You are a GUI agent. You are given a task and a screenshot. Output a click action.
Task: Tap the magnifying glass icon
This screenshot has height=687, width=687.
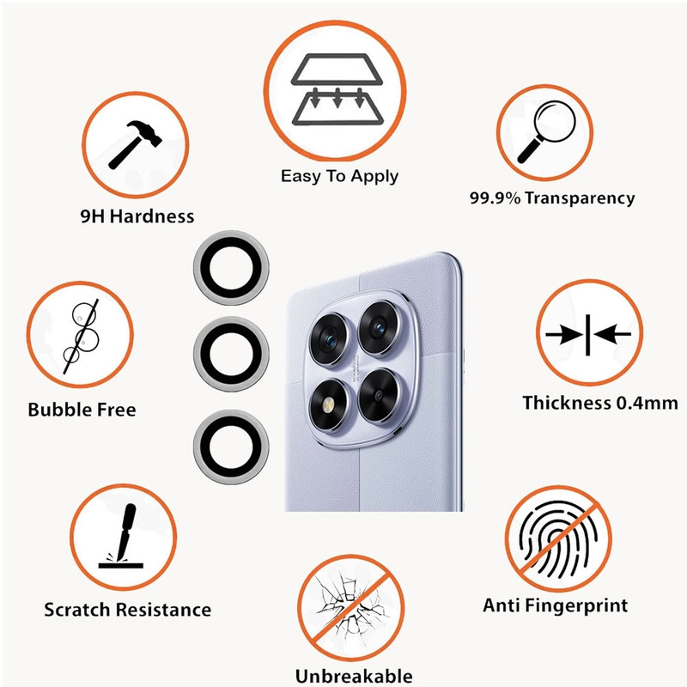[x=546, y=132]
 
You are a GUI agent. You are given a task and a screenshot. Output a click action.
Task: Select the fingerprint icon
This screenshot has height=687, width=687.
[x=559, y=539]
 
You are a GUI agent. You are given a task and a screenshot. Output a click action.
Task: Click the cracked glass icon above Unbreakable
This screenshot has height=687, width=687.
[x=350, y=608]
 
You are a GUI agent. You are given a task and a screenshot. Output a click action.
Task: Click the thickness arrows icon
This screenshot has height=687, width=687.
[x=588, y=335]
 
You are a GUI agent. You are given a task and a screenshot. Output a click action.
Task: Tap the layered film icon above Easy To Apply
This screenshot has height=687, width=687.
[x=337, y=89]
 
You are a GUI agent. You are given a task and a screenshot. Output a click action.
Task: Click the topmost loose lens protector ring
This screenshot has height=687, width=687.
[x=231, y=268]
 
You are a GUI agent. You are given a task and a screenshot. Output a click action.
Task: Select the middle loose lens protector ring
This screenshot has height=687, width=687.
[x=231, y=354]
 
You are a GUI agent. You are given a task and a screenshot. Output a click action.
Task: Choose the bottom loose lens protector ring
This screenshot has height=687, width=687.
[x=231, y=447]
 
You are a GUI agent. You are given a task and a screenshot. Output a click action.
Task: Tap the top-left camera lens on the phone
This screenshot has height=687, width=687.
[x=328, y=337]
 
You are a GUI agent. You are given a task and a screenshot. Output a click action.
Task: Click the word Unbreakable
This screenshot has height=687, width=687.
[x=354, y=676]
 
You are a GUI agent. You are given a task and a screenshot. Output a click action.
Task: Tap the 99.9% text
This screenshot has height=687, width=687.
[x=495, y=198]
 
